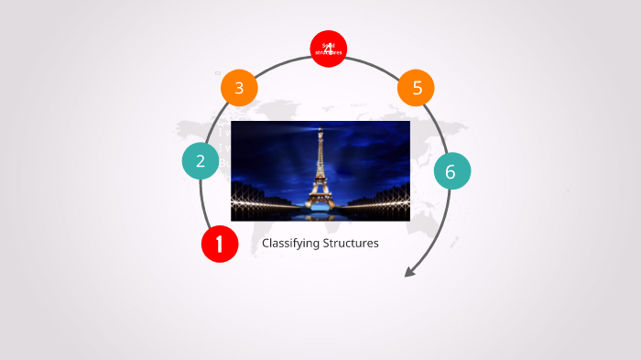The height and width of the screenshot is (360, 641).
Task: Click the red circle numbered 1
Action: (220, 244)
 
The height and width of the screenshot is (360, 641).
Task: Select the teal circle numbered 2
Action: (201, 161)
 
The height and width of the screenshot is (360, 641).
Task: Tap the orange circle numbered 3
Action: (239, 88)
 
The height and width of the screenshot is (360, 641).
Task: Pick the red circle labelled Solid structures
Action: (328, 49)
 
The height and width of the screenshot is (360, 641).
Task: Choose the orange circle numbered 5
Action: (417, 88)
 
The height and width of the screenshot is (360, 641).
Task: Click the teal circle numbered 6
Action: (451, 171)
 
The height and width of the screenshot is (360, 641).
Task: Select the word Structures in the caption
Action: (351, 244)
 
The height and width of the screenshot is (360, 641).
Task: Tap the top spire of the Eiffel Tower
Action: (320, 131)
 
